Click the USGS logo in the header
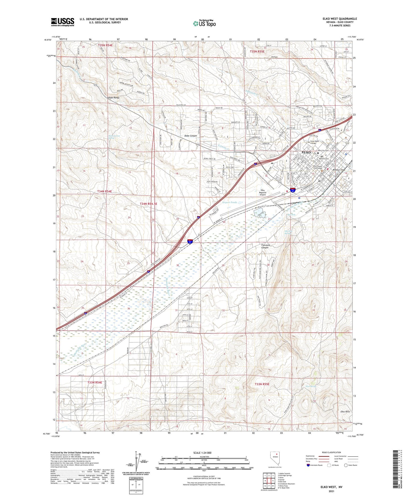click(x=63, y=22)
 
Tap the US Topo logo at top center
click(x=204, y=23)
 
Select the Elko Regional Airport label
click(x=263, y=192)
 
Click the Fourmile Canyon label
click(x=265, y=246)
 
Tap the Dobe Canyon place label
click(x=191, y=136)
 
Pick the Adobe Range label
click(x=113, y=98)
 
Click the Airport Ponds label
click(x=229, y=202)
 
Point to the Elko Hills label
click(x=345, y=412)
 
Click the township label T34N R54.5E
click(x=148, y=204)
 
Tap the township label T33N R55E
click(x=262, y=384)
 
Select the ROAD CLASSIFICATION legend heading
click(x=332, y=452)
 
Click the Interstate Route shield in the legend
click(x=308, y=465)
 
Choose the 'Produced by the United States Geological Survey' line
click(x=75, y=452)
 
